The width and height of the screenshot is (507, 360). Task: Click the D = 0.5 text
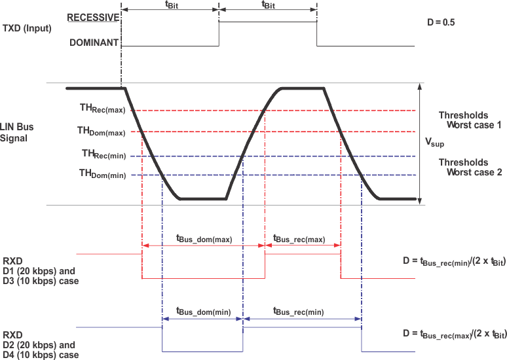coord(440,22)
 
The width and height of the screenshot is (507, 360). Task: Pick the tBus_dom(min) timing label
coord(202,312)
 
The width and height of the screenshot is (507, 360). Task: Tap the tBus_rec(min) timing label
coord(299,312)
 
